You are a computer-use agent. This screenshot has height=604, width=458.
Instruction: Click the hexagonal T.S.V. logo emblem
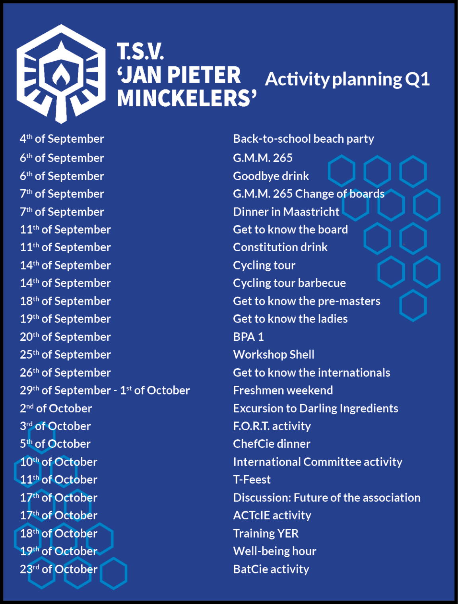click(x=61, y=74)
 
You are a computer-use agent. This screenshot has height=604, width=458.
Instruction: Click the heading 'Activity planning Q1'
click(x=347, y=80)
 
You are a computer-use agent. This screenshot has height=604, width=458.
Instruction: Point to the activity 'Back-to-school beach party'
click(x=303, y=139)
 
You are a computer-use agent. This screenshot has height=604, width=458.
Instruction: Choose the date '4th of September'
click(x=62, y=139)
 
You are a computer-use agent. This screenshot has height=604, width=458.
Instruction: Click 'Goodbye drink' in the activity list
click(x=271, y=176)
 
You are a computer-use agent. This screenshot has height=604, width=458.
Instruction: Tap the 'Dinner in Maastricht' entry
click(x=286, y=212)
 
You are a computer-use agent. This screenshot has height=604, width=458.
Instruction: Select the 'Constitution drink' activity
click(x=280, y=247)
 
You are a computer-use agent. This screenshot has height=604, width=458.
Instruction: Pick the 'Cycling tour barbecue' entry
click(x=289, y=283)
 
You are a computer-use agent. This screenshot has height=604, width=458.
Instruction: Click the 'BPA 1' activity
click(x=248, y=337)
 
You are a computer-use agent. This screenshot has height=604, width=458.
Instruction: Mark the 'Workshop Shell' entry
click(x=274, y=355)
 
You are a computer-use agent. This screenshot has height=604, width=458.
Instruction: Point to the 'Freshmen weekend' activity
click(x=283, y=390)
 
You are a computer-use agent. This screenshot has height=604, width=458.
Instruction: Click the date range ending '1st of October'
click(x=105, y=390)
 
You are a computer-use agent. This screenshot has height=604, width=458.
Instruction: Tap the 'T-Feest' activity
click(x=252, y=480)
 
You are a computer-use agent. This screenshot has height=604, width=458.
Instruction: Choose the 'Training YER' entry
click(x=266, y=534)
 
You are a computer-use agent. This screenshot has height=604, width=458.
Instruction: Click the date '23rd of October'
click(x=58, y=569)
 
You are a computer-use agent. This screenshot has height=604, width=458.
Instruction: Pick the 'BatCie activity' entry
click(x=271, y=569)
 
